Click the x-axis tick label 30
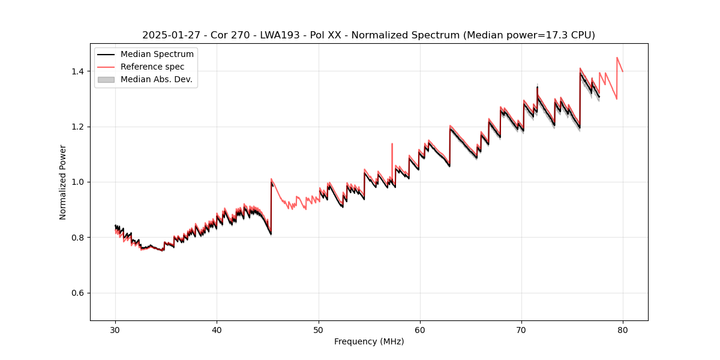[115, 330]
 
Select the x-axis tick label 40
[217, 330]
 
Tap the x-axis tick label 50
[319, 330]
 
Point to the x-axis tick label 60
[420, 330]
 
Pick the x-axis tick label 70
[521, 330]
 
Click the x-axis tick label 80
[623, 330]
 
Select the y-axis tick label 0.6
[78, 293]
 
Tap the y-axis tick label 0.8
[78, 238]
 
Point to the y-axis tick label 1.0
[78, 182]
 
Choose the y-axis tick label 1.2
[78, 127]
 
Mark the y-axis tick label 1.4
[78, 71]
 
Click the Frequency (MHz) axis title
[369, 341]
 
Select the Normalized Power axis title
[62, 182]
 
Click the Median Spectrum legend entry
[157, 55]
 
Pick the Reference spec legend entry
[152, 67]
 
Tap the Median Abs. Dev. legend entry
[156, 79]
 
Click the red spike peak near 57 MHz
[392, 144]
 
